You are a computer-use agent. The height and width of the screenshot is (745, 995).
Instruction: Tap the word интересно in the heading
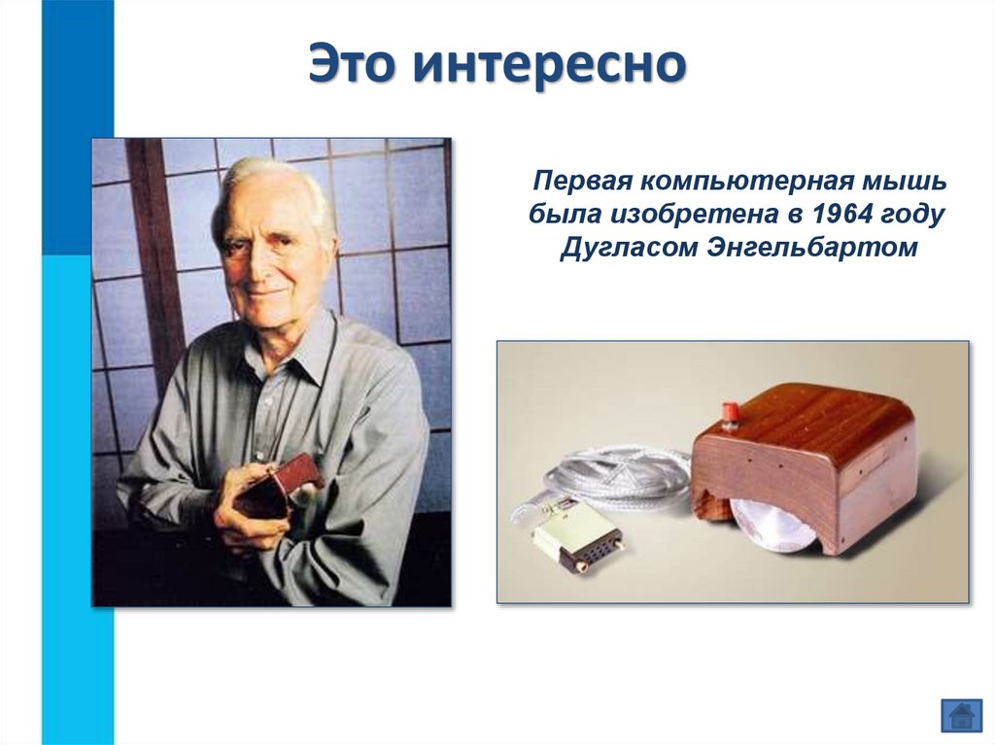[x=549, y=65]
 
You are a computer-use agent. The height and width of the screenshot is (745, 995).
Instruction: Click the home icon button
[x=961, y=716]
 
